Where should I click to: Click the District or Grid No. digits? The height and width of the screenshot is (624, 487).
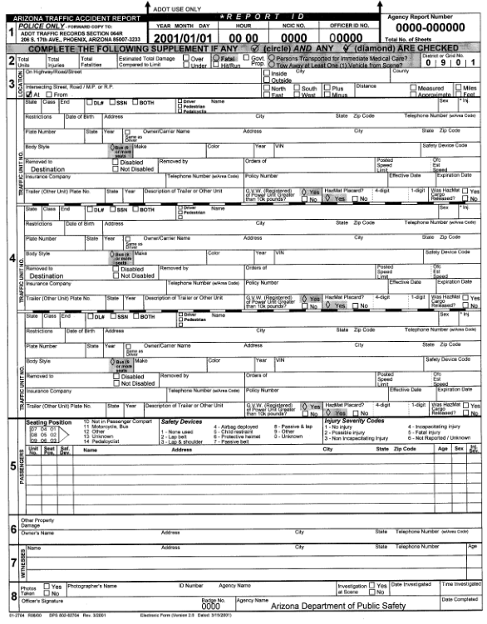(x=453, y=62)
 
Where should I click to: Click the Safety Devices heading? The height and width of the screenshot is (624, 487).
(x=180, y=422)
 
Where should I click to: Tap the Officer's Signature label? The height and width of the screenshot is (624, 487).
(x=43, y=599)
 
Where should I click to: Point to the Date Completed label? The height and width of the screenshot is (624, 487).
(x=459, y=599)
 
